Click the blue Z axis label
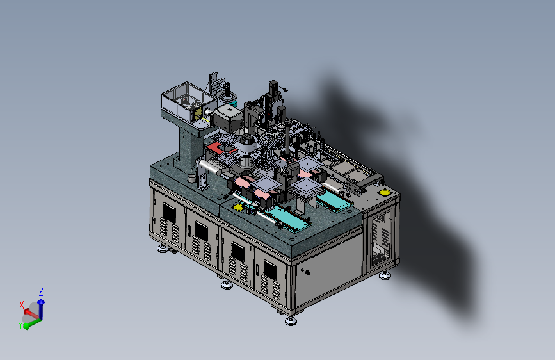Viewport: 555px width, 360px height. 41,292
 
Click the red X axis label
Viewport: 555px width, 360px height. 22,305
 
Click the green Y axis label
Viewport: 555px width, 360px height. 20,325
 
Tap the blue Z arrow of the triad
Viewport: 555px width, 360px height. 41,309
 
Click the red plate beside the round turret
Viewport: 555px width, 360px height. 216,147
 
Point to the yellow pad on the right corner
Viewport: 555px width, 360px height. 384,192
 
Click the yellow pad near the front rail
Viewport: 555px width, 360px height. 239,208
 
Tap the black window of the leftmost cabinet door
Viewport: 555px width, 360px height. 169,213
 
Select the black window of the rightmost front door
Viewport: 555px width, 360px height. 270,270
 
